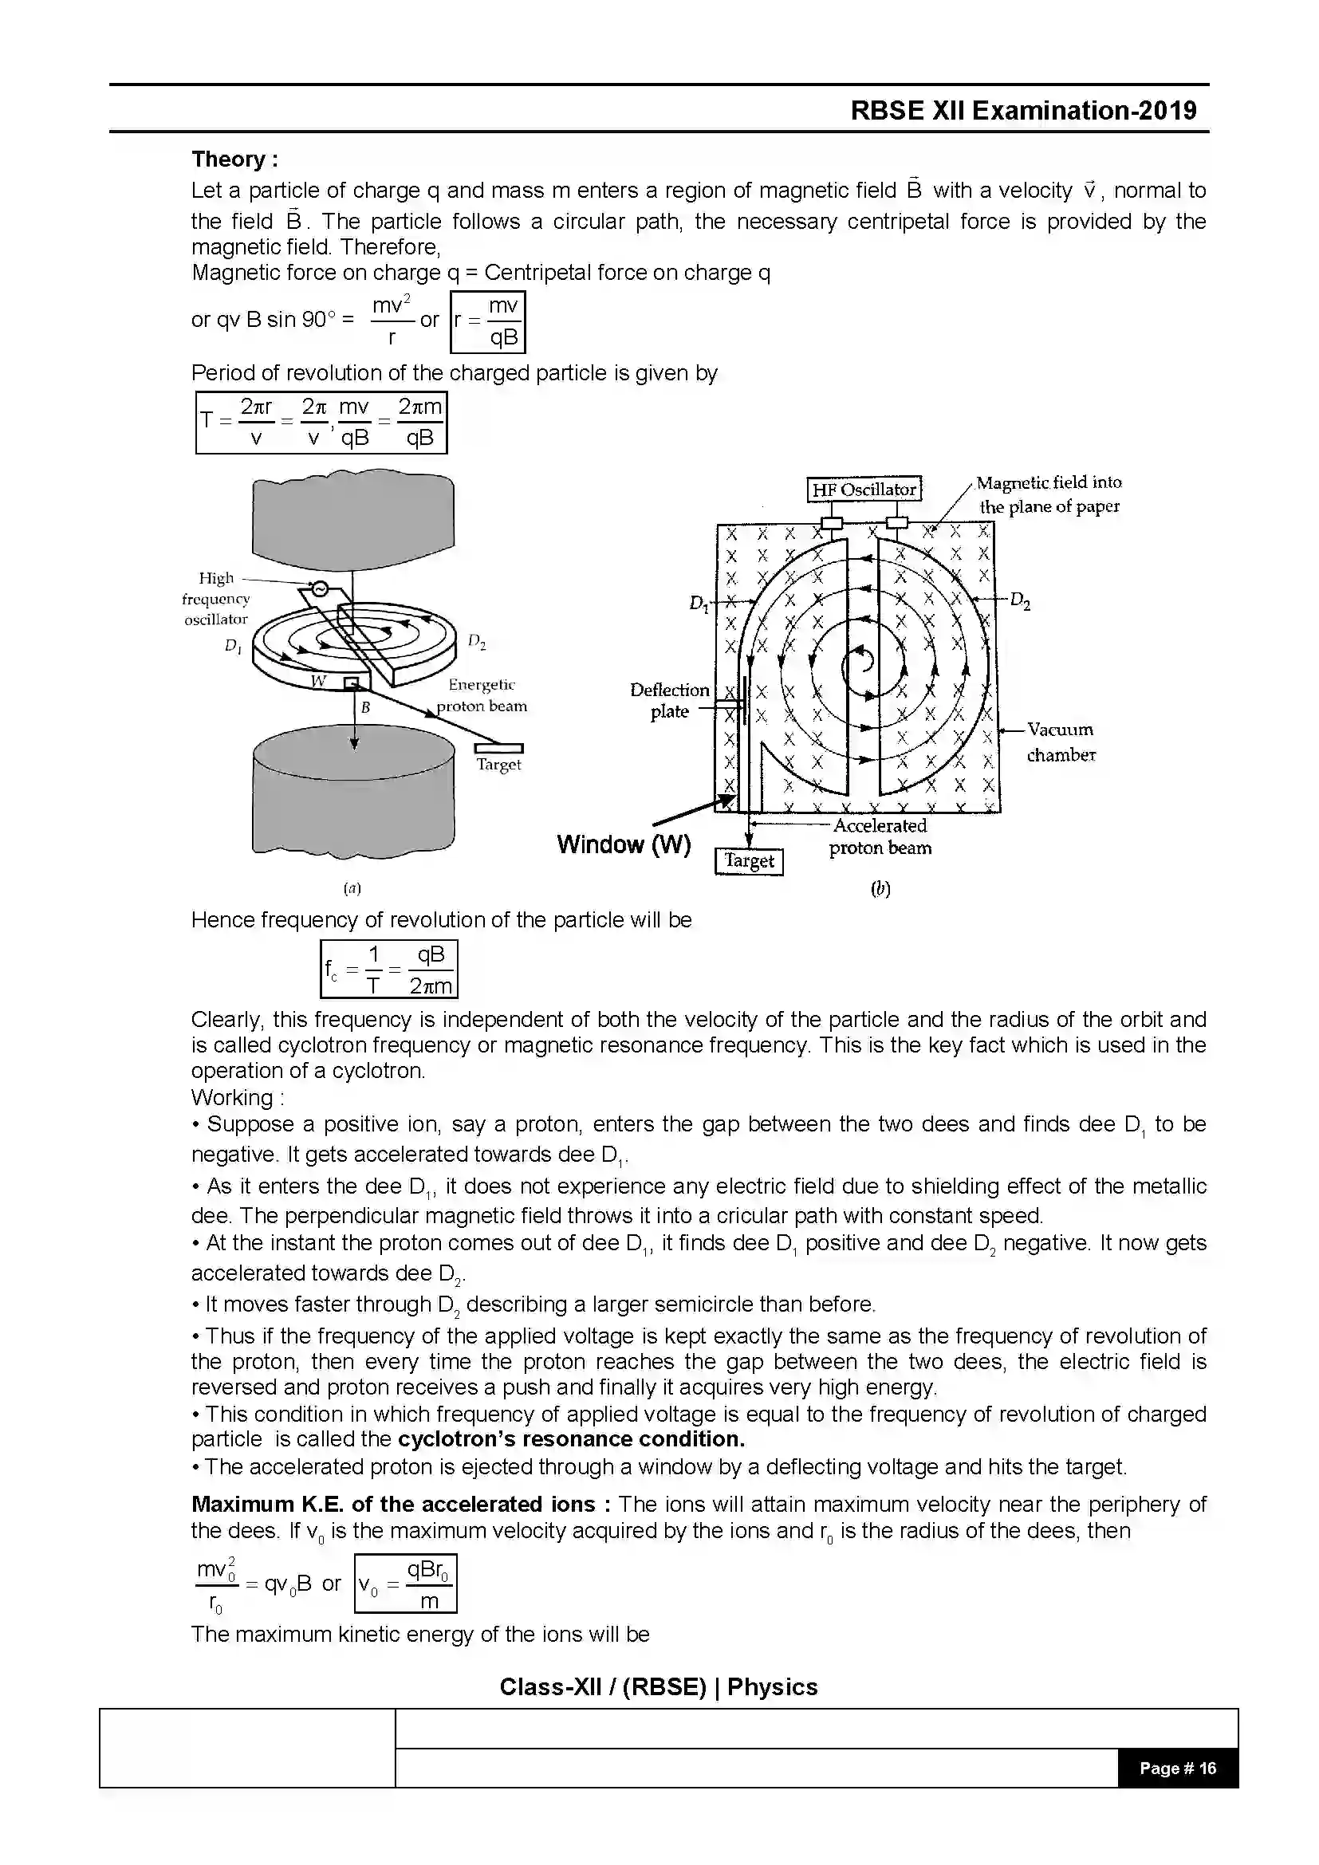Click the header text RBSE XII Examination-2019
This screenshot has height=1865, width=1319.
1022,111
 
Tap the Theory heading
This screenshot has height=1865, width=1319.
234,159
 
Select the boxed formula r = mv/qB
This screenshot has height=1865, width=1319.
487,321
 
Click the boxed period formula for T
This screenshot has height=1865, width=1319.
321,423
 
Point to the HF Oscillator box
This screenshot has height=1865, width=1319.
864,490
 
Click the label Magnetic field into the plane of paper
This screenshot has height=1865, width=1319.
1049,494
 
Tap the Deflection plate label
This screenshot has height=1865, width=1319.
669,700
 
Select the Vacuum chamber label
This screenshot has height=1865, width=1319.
1061,742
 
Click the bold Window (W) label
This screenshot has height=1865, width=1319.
624,844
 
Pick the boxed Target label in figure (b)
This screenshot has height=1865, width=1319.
749,861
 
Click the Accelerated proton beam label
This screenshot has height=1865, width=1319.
880,836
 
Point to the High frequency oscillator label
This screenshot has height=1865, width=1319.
215,599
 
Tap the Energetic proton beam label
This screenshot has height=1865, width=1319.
482,695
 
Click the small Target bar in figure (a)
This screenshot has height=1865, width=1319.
498,748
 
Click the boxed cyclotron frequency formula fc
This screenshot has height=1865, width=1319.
389,969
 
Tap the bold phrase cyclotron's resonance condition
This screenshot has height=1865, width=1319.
571,1438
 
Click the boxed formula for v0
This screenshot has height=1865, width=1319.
405,1584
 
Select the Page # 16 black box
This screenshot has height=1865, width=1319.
1177,1769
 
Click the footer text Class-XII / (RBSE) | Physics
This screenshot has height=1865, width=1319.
658,1687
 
